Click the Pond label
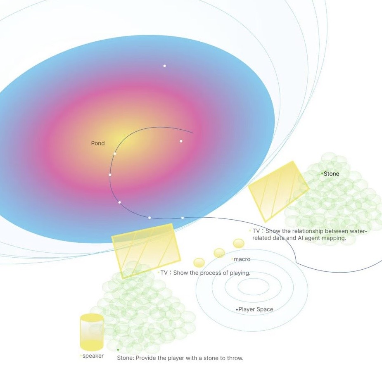coord(98,143)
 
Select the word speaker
coord(93,356)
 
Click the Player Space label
coord(256,309)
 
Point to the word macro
coord(242,259)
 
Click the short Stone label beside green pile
coord(331,174)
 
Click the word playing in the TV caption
coord(239,273)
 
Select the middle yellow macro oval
coord(219,253)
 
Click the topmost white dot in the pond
coord(164,66)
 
